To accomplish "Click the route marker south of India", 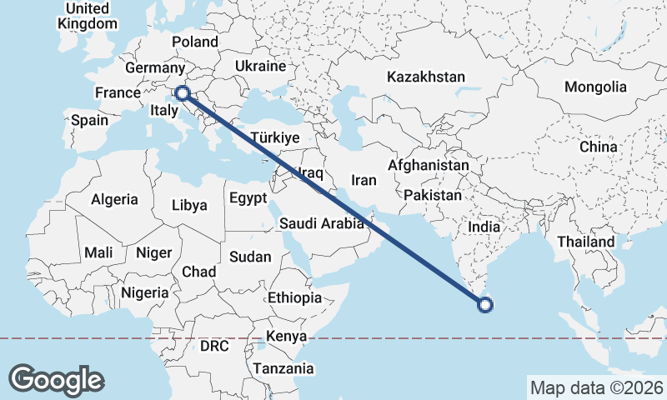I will pos(485,306).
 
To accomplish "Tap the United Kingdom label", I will pos(87,16).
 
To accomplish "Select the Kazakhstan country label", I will pos(425,77).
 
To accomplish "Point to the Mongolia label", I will pos(595,87).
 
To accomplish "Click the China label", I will pos(599,147).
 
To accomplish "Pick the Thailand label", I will pos(586,242).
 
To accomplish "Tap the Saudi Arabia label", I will pos(322,223).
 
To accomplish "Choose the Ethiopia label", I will pos(294,297).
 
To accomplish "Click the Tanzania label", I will pos(283,368).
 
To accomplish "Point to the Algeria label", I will pos(114,199).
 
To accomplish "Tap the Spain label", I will pos(89,120).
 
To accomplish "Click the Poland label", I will pos(195,42).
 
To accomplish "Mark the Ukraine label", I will pos(260,65).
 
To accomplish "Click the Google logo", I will pos(56,379).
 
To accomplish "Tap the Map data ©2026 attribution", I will pos(596,387).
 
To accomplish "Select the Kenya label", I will pos(286,337).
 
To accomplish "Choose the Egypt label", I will pos(248,198).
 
